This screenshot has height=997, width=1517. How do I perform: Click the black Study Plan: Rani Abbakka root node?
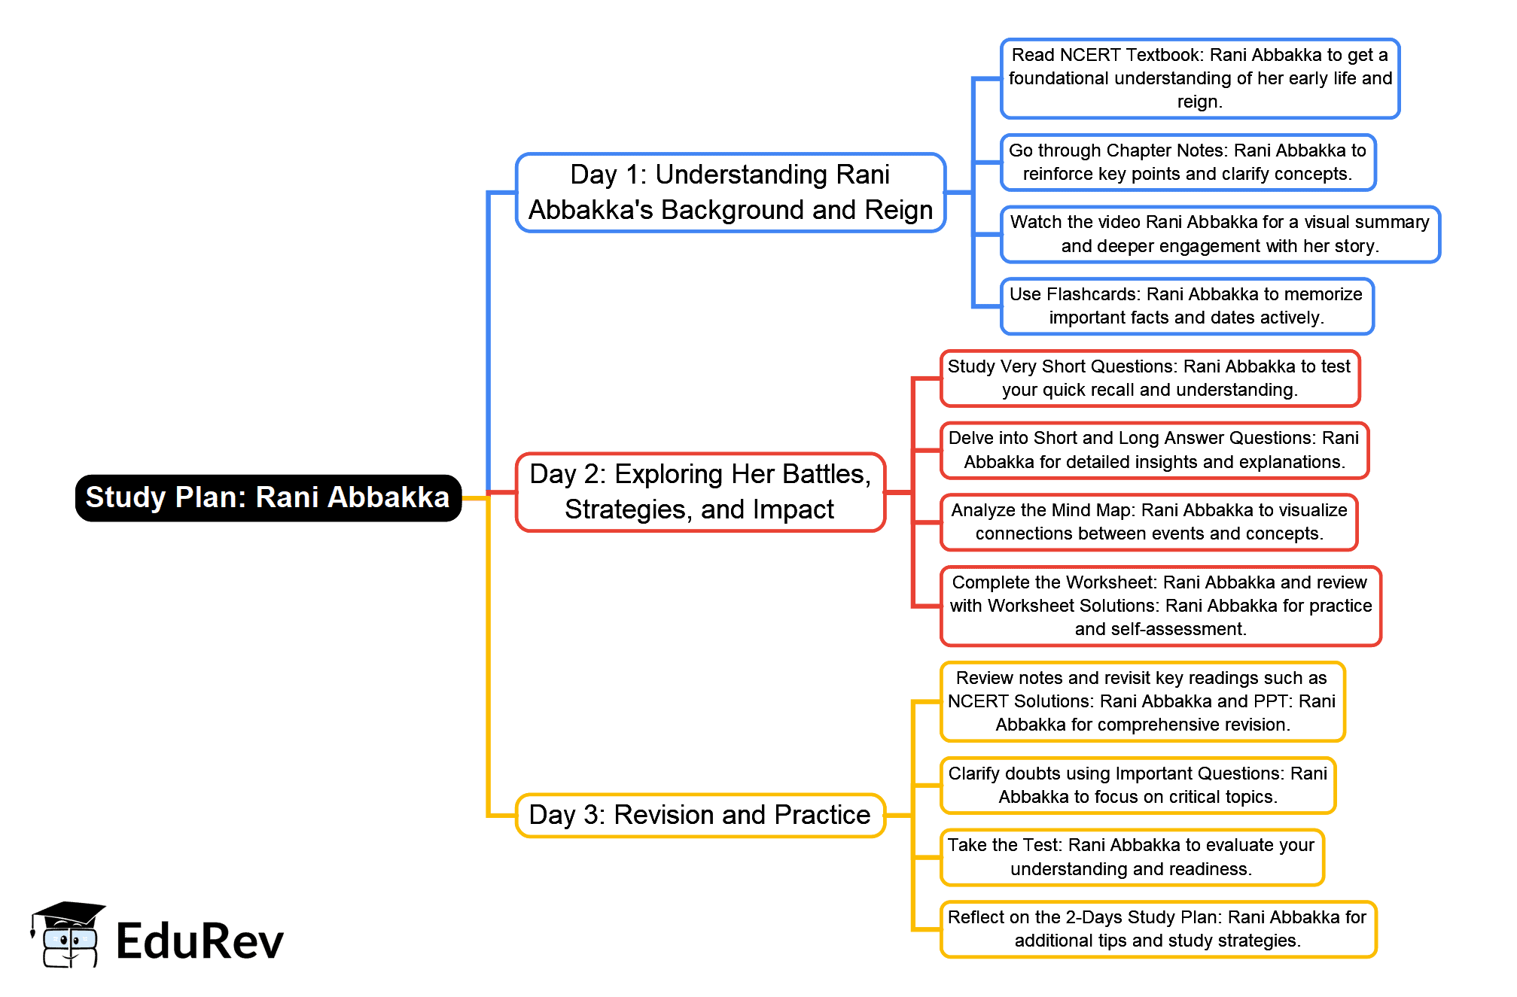(268, 497)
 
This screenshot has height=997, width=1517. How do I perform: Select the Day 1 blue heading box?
(730, 193)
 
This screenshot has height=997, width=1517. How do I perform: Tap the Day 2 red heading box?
(700, 492)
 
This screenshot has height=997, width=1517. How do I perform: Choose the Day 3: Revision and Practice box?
(700, 815)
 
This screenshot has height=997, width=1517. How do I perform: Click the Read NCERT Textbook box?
(1200, 78)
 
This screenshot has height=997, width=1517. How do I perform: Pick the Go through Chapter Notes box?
(1188, 163)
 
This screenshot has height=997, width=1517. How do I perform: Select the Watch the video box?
(1220, 234)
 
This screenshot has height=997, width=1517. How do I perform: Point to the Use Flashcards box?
(1187, 306)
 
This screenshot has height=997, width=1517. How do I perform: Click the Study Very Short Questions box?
(1150, 378)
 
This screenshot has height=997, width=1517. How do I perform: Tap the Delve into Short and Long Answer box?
(1155, 450)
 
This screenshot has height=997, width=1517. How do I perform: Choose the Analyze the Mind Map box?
(1150, 522)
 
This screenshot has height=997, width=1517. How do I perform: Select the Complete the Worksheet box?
(1161, 606)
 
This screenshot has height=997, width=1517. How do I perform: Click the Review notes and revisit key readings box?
(1143, 701)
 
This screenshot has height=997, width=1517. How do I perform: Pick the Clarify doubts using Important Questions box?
(1138, 786)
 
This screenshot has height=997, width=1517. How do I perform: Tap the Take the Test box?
(1132, 857)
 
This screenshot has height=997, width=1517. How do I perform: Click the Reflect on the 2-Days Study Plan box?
(1159, 929)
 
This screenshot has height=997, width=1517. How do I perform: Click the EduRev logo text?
(200, 941)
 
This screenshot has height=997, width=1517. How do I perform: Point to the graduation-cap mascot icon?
(68, 935)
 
